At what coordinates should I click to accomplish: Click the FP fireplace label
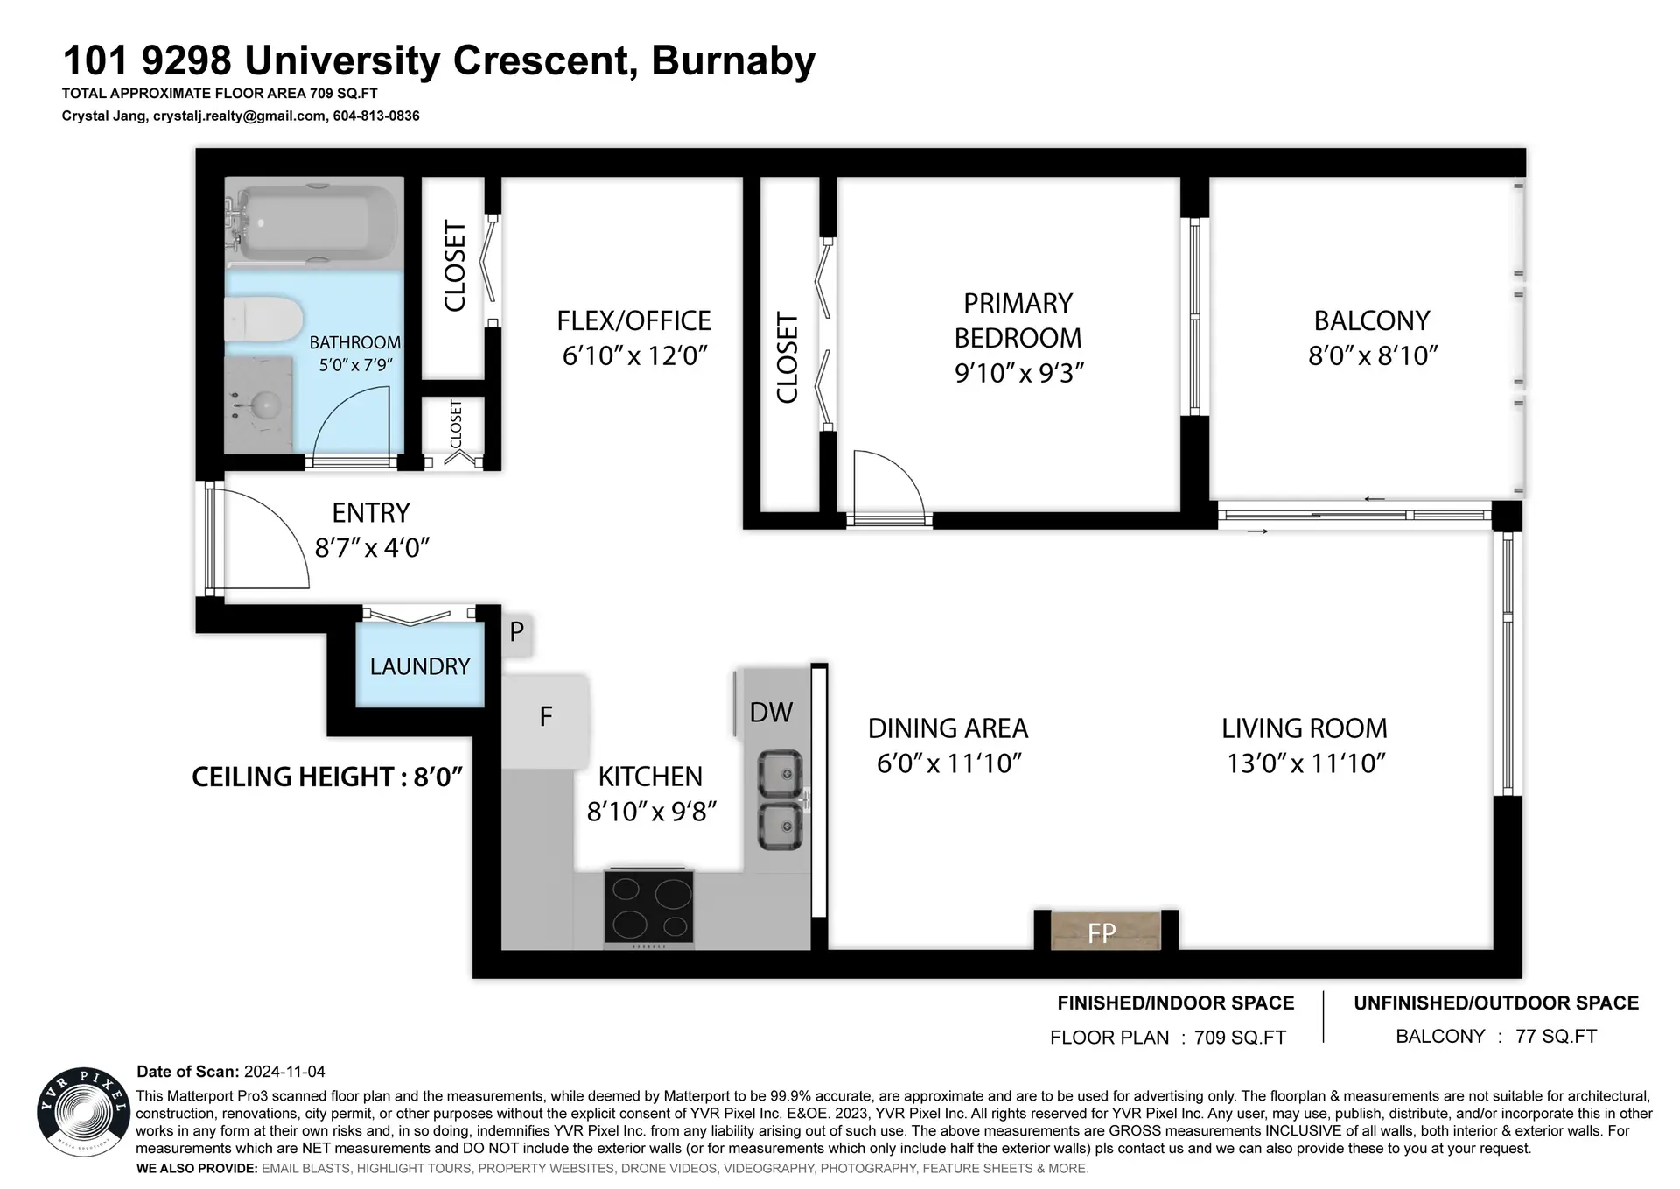[1102, 933]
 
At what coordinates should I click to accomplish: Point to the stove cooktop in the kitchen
[648, 908]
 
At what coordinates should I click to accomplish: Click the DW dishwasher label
[771, 713]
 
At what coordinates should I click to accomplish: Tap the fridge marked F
[546, 717]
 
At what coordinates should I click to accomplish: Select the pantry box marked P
[517, 631]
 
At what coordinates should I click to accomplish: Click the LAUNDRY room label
[420, 667]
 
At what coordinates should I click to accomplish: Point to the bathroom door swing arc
[350, 420]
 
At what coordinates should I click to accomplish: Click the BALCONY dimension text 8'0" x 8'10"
[1373, 355]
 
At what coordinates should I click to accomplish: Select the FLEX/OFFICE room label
[633, 321]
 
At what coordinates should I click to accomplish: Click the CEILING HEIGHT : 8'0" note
[326, 777]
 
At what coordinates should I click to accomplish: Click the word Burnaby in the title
[733, 60]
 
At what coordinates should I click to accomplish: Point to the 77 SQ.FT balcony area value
[1556, 1037]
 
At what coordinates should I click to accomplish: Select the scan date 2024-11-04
[284, 1072]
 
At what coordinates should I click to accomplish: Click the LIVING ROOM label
[1304, 728]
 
